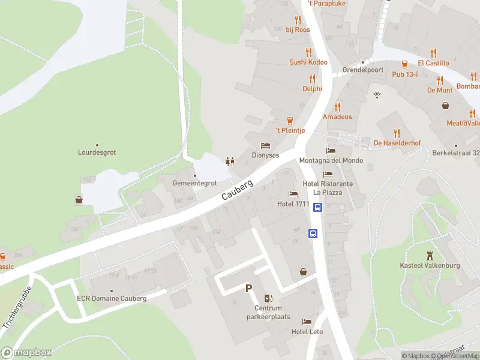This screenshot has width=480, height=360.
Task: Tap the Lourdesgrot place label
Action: [x=97, y=152]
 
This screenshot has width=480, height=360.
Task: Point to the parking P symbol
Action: [x=248, y=289]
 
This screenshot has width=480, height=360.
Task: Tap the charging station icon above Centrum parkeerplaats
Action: [x=268, y=298]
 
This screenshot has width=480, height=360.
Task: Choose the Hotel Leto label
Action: [x=307, y=332]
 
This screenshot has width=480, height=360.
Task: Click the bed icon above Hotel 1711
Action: [x=293, y=194]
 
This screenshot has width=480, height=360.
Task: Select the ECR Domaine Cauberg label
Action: [x=112, y=298]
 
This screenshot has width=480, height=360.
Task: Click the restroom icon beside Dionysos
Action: [x=229, y=161]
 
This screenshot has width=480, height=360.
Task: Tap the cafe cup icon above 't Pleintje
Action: [x=290, y=120]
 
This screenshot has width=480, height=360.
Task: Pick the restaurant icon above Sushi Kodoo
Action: [x=308, y=52]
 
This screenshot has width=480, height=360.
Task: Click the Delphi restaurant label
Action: [x=312, y=88]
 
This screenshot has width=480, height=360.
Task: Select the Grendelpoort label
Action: [x=362, y=70]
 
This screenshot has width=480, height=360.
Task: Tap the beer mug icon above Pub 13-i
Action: [x=405, y=64]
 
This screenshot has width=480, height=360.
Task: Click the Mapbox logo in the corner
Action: [x=26, y=353]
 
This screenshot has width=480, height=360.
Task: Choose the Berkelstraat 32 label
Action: [x=455, y=153]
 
